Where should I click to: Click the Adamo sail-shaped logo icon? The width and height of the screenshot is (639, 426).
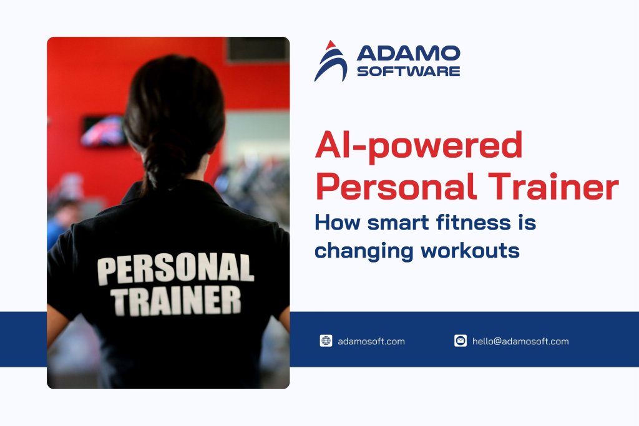point(331,61)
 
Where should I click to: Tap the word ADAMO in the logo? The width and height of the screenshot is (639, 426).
point(408,53)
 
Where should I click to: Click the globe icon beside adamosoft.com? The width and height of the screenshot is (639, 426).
point(326,341)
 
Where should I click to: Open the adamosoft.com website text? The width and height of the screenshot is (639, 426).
point(371,341)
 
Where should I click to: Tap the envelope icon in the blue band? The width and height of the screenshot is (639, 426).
point(461,341)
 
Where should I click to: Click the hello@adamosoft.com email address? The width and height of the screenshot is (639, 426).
point(520,341)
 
